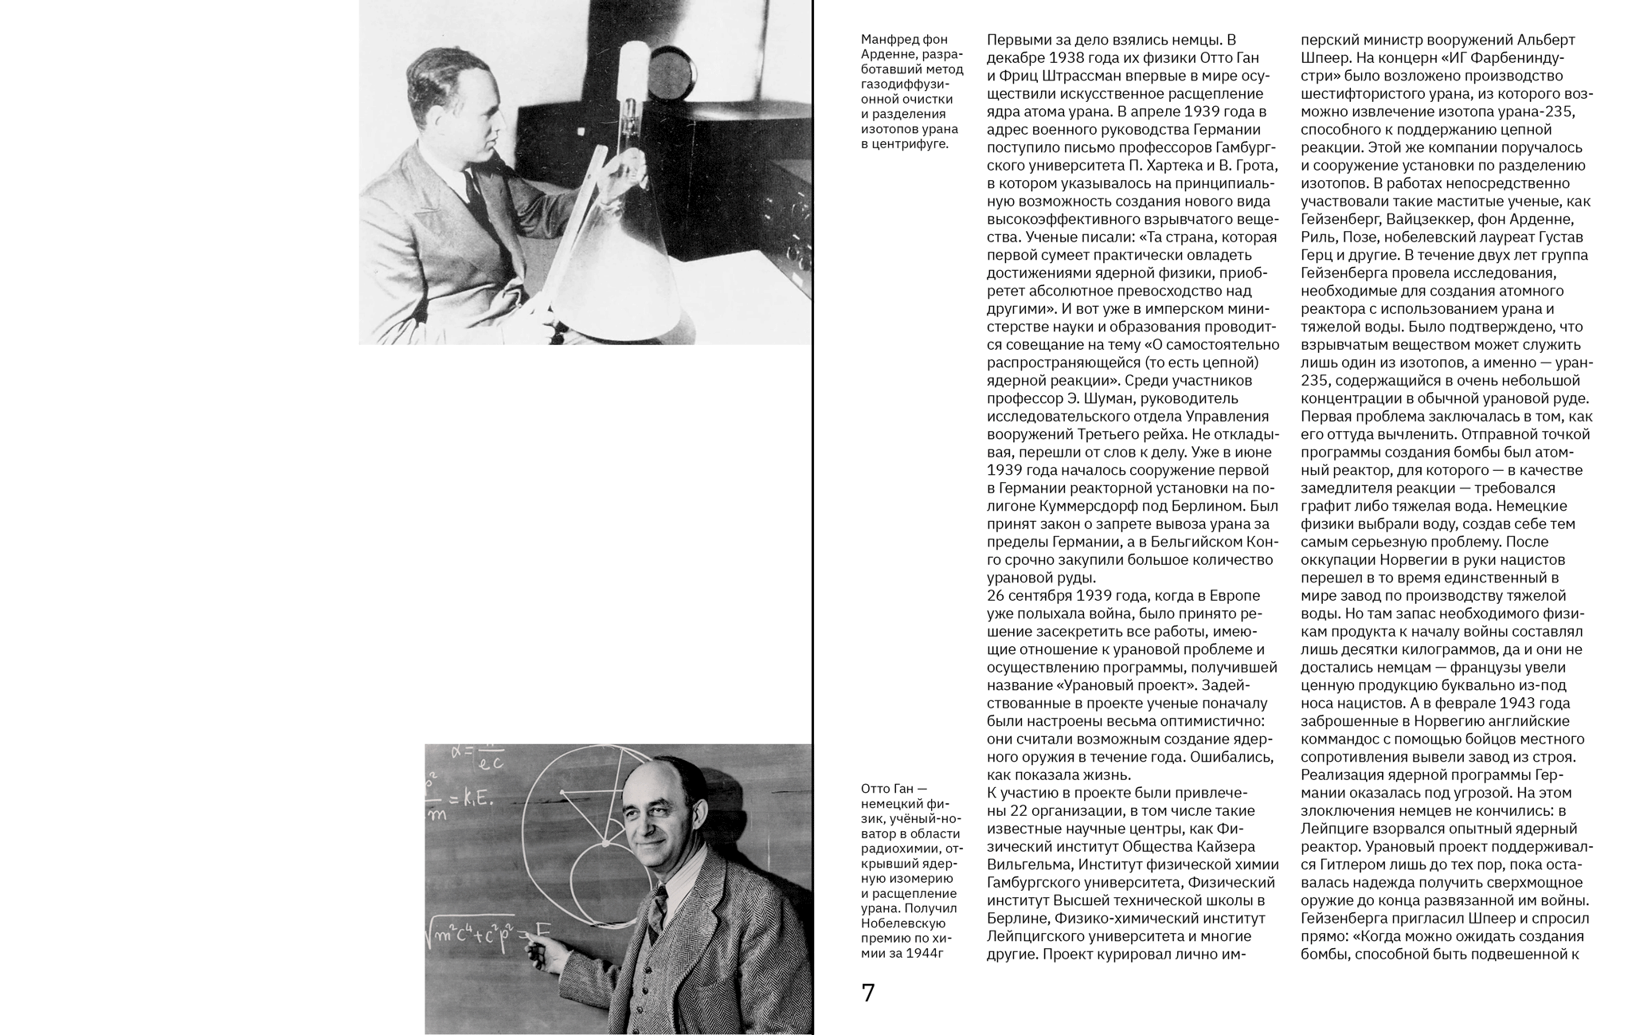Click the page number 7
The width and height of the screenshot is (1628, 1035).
pos(868,993)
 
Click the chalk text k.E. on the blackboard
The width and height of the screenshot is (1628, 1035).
pos(475,799)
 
